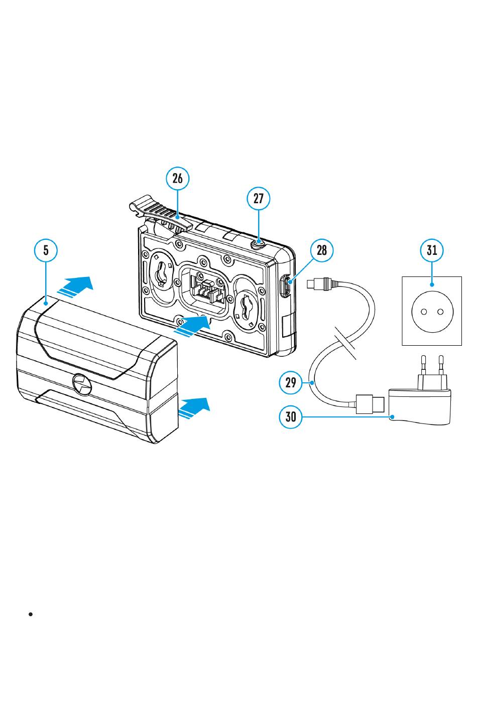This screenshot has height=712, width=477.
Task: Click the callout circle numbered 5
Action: coord(46,250)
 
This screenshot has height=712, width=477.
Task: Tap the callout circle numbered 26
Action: coord(178,178)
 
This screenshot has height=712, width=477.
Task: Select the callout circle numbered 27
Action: coord(258,198)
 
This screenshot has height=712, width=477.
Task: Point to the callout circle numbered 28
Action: coord(322,250)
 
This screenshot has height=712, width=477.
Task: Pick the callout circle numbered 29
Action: coord(291,383)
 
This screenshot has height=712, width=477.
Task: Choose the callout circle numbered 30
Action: coord(291,416)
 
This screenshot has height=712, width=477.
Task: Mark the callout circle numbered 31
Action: coord(432,250)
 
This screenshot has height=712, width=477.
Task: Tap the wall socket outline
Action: coord(432,311)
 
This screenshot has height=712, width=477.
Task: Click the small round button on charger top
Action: coord(259,243)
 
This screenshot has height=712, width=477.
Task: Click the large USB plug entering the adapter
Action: coord(370,404)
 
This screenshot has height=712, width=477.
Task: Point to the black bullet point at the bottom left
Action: coord(31,614)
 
